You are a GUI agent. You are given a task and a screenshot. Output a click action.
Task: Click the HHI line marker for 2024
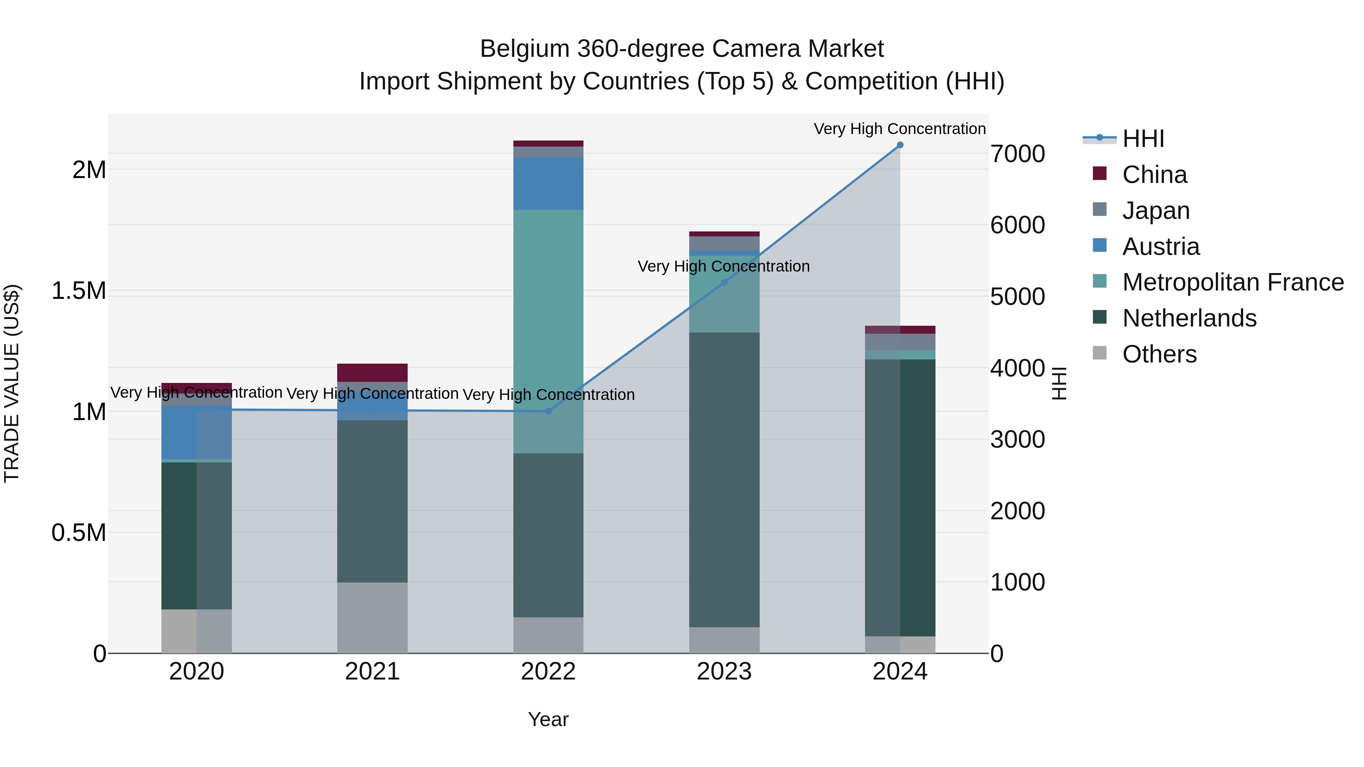pos(899,145)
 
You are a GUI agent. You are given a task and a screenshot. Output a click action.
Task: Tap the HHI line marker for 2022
pos(548,411)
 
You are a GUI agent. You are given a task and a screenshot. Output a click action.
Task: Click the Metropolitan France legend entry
pos(1232,282)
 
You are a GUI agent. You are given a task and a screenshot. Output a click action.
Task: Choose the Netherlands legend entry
pos(1189,318)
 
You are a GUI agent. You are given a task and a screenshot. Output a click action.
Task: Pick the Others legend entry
pos(1159,354)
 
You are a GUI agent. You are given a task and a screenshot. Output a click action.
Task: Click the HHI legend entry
pos(1143,139)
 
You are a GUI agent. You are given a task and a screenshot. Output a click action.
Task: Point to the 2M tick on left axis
pos(89,170)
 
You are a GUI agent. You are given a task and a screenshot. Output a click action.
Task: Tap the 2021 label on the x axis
pos(372,672)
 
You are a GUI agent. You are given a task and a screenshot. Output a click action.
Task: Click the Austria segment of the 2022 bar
pos(548,183)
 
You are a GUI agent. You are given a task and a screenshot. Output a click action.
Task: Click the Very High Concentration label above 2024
pos(899,129)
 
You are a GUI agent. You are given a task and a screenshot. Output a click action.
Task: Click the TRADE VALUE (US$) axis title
pos(12,383)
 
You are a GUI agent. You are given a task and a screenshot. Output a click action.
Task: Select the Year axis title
pos(548,719)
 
